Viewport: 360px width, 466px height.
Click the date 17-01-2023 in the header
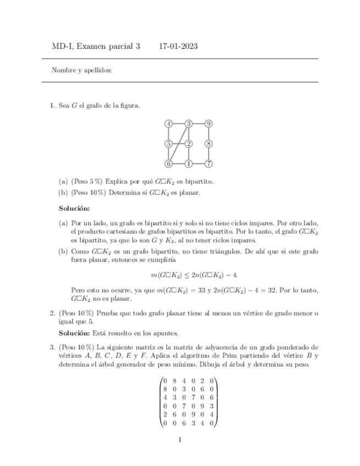(x=178, y=47)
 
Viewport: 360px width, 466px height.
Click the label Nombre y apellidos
(x=82, y=70)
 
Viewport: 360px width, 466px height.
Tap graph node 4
(x=169, y=124)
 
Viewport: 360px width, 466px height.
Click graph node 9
(x=209, y=124)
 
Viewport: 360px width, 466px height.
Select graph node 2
(x=189, y=144)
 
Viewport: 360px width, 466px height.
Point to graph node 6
(x=169, y=164)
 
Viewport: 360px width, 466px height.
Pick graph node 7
(x=209, y=164)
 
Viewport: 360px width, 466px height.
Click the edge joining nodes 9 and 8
(x=209, y=134)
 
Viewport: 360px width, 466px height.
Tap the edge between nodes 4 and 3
(x=179, y=124)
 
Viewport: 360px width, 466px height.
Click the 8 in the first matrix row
(x=175, y=380)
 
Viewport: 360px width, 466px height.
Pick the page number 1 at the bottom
(x=180, y=440)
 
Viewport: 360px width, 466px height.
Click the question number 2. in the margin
(x=53, y=313)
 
